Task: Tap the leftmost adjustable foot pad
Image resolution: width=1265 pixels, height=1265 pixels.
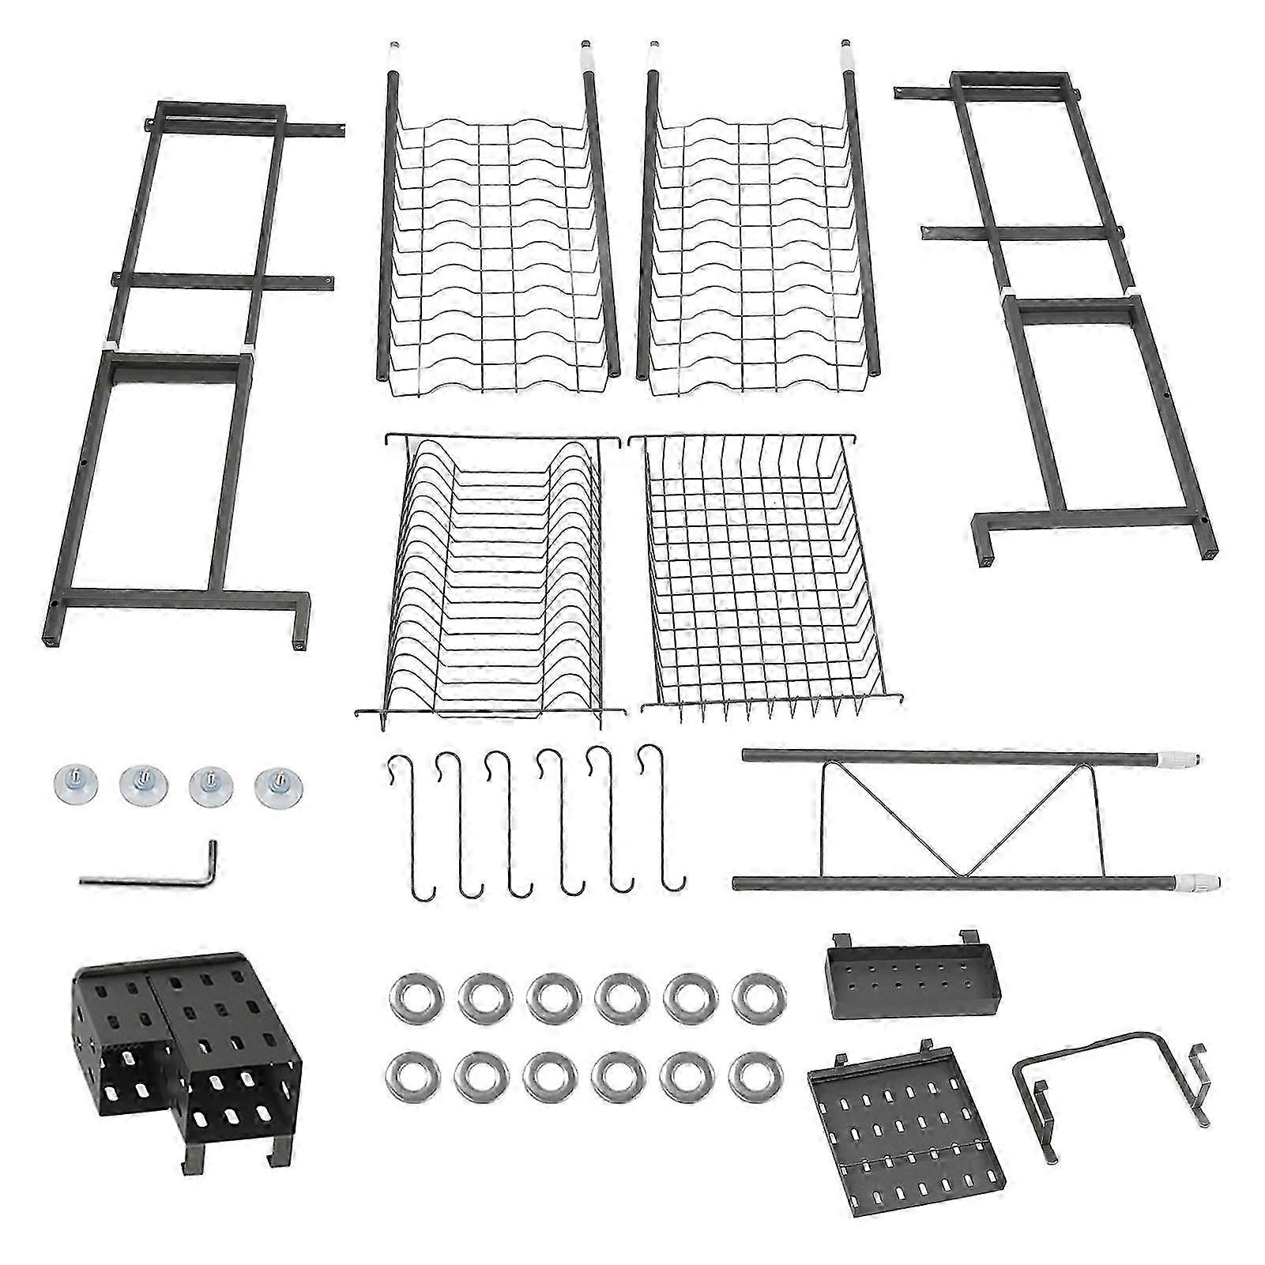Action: pos(70,785)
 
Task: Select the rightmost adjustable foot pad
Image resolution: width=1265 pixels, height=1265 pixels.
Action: pos(275,787)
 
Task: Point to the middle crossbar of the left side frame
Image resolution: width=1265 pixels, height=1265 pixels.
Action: pos(221,280)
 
